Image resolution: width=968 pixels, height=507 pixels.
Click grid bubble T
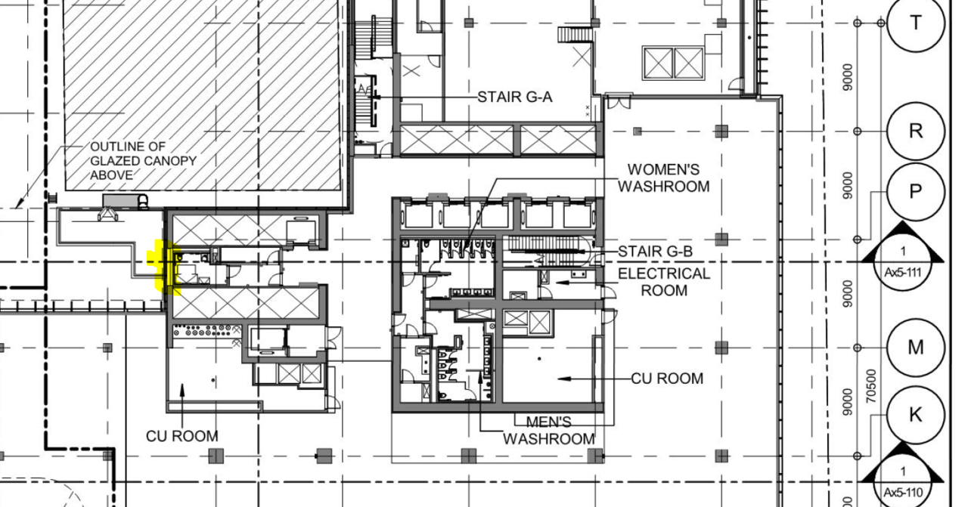pyautogui.click(x=915, y=23)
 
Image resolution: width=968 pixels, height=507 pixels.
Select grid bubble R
pyautogui.click(x=915, y=131)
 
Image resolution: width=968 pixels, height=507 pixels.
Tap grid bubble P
pyautogui.click(x=915, y=191)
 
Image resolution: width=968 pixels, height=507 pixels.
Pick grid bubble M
pyautogui.click(x=915, y=348)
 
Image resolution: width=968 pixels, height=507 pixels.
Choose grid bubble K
pyautogui.click(x=915, y=415)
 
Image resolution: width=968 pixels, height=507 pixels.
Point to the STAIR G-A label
pyautogui.click(x=515, y=97)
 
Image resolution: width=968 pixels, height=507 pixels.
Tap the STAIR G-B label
pyautogui.click(x=655, y=252)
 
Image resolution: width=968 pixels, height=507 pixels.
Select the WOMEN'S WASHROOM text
pyautogui.click(x=664, y=178)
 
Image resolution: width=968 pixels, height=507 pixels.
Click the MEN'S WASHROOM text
pyautogui.click(x=549, y=431)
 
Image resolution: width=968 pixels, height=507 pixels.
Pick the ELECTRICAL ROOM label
pyautogui.click(x=664, y=282)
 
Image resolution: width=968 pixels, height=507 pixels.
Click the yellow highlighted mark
pyautogui.click(x=164, y=267)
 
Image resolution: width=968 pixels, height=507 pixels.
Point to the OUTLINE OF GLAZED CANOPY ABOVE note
pyautogui.click(x=143, y=161)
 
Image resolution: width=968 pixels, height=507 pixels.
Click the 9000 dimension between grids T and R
pyautogui.click(x=848, y=78)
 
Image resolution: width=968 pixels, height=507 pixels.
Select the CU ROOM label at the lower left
pyautogui.click(x=182, y=436)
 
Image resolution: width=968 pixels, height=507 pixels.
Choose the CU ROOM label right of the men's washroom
pyautogui.click(x=667, y=379)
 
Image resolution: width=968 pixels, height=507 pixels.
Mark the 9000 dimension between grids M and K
pyautogui.click(x=848, y=403)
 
